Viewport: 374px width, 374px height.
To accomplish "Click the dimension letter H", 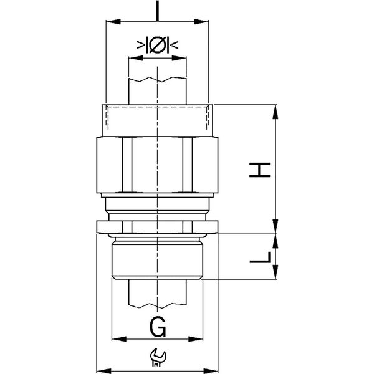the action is click(x=259, y=170).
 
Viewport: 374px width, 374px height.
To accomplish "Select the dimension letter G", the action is click(x=158, y=327).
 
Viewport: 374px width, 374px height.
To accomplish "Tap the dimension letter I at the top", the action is click(x=157, y=10).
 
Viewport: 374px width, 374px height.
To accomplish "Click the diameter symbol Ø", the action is click(x=157, y=45).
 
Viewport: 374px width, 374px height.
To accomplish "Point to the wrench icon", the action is click(x=157, y=357).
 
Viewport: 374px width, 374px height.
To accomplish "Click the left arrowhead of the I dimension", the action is click(x=113, y=22).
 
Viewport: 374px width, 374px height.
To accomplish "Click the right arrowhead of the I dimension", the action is click(x=201, y=22).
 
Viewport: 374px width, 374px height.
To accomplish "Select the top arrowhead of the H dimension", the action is click(x=276, y=112).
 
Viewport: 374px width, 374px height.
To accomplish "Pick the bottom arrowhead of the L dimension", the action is click(x=276, y=272).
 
